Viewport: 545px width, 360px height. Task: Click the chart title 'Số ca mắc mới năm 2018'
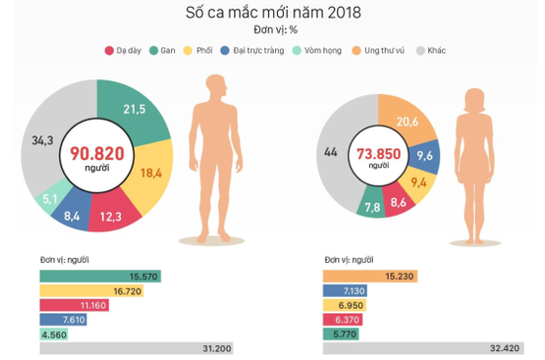[x=273, y=13]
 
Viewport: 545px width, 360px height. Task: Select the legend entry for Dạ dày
[x=124, y=48]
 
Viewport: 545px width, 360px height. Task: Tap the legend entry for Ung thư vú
[x=382, y=48]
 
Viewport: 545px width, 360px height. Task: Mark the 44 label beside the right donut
[x=329, y=152]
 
